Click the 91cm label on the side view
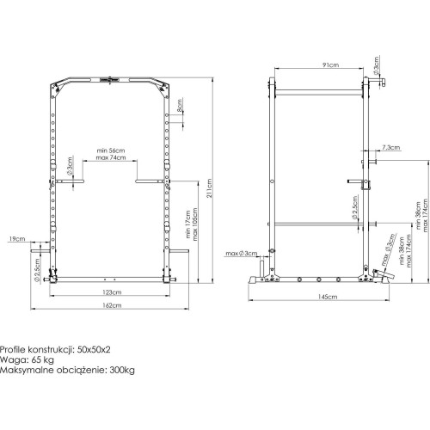329,63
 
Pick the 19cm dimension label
16,238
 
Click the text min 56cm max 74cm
112,153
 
